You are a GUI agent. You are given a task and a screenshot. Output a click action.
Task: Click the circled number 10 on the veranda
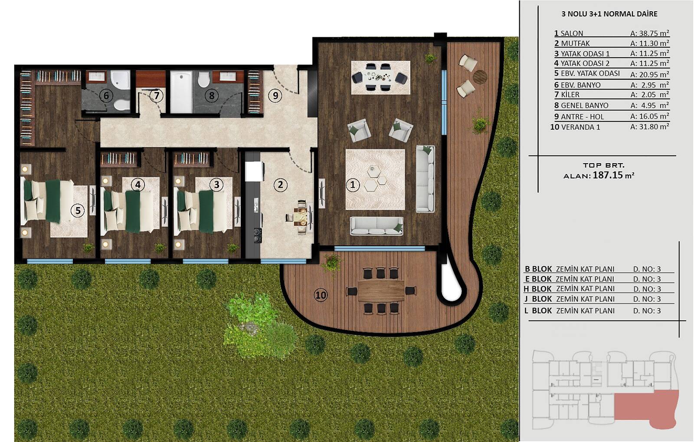(321, 295)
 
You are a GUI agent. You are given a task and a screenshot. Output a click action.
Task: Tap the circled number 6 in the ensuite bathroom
(106, 96)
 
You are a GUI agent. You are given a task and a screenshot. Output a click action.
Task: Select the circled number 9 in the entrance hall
(275, 96)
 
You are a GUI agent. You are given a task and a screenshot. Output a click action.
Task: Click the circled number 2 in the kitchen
(280, 185)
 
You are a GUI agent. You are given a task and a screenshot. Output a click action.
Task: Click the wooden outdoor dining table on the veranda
(381, 290)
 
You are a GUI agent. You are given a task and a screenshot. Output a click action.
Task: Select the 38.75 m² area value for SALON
(649, 33)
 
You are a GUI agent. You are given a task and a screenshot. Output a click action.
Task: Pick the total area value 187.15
(608, 175)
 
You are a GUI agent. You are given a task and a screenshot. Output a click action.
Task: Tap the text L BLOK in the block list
(538, 311)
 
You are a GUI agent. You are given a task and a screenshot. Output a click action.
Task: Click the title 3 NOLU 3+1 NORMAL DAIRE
(609, 14)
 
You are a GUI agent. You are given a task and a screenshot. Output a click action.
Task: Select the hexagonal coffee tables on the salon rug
(375, 178)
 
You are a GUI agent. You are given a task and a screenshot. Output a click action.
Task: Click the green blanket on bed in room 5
(53, 201)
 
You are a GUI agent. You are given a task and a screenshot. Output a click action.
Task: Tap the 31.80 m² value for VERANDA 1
(649, 126)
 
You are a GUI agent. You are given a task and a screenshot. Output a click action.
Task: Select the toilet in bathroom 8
(203, 79)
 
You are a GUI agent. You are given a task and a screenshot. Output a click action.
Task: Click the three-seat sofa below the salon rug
(376, 225)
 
